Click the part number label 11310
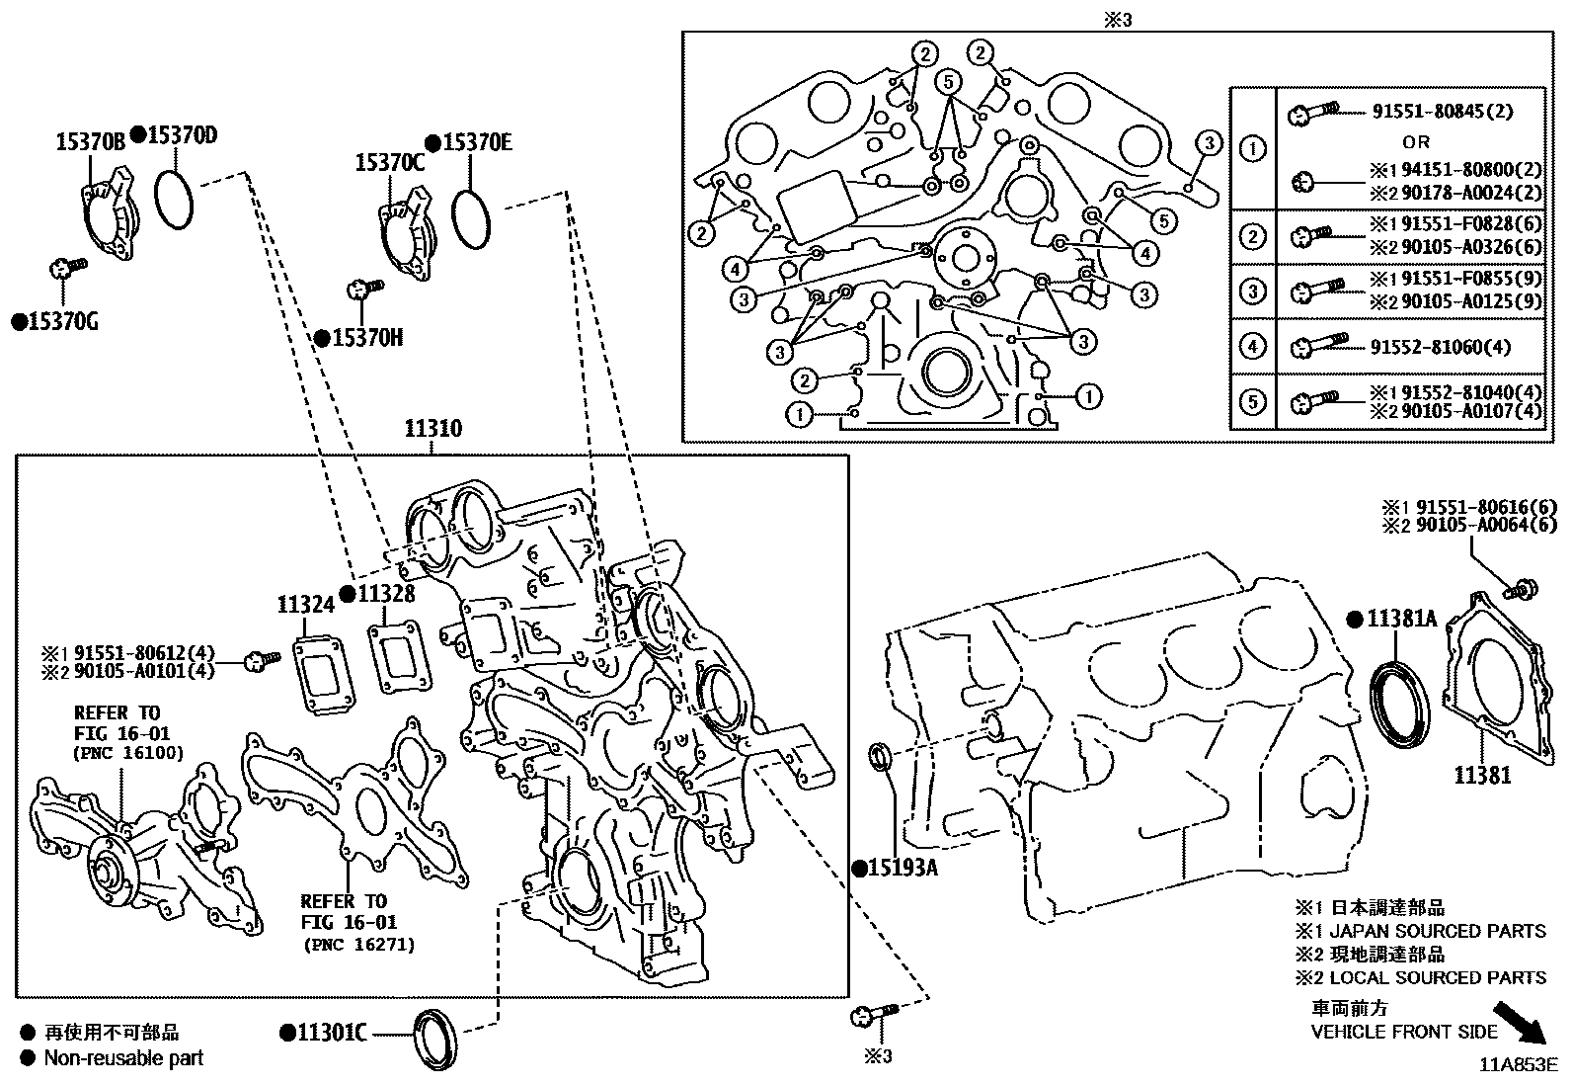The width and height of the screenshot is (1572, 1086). [x=432, y=429]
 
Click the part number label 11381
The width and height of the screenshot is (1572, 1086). [x=1481, y=776]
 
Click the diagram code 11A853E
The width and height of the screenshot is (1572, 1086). [x=1517, y=1064]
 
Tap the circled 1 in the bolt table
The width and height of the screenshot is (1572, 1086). [x=1252, y=149]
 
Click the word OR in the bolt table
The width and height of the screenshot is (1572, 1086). [x=1415, y=142]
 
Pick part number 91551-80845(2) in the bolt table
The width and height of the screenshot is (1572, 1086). [x=1442, y=112]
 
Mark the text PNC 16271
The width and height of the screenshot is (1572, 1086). [x=357, y=945]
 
